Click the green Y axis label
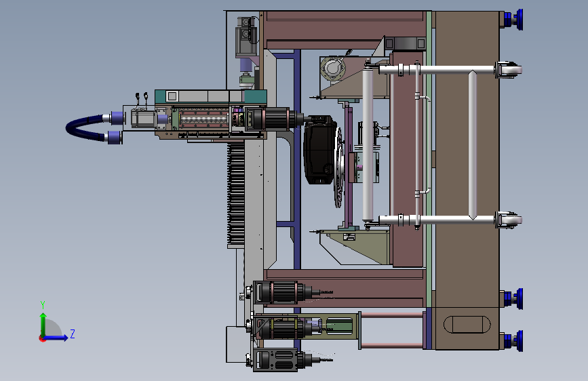point(43,305)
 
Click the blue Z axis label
point(73,334)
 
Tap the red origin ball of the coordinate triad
point(41,339)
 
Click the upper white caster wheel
point(509,70)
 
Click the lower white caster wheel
point(509,220)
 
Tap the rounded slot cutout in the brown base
point(467,325)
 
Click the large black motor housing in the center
point(319,149)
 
